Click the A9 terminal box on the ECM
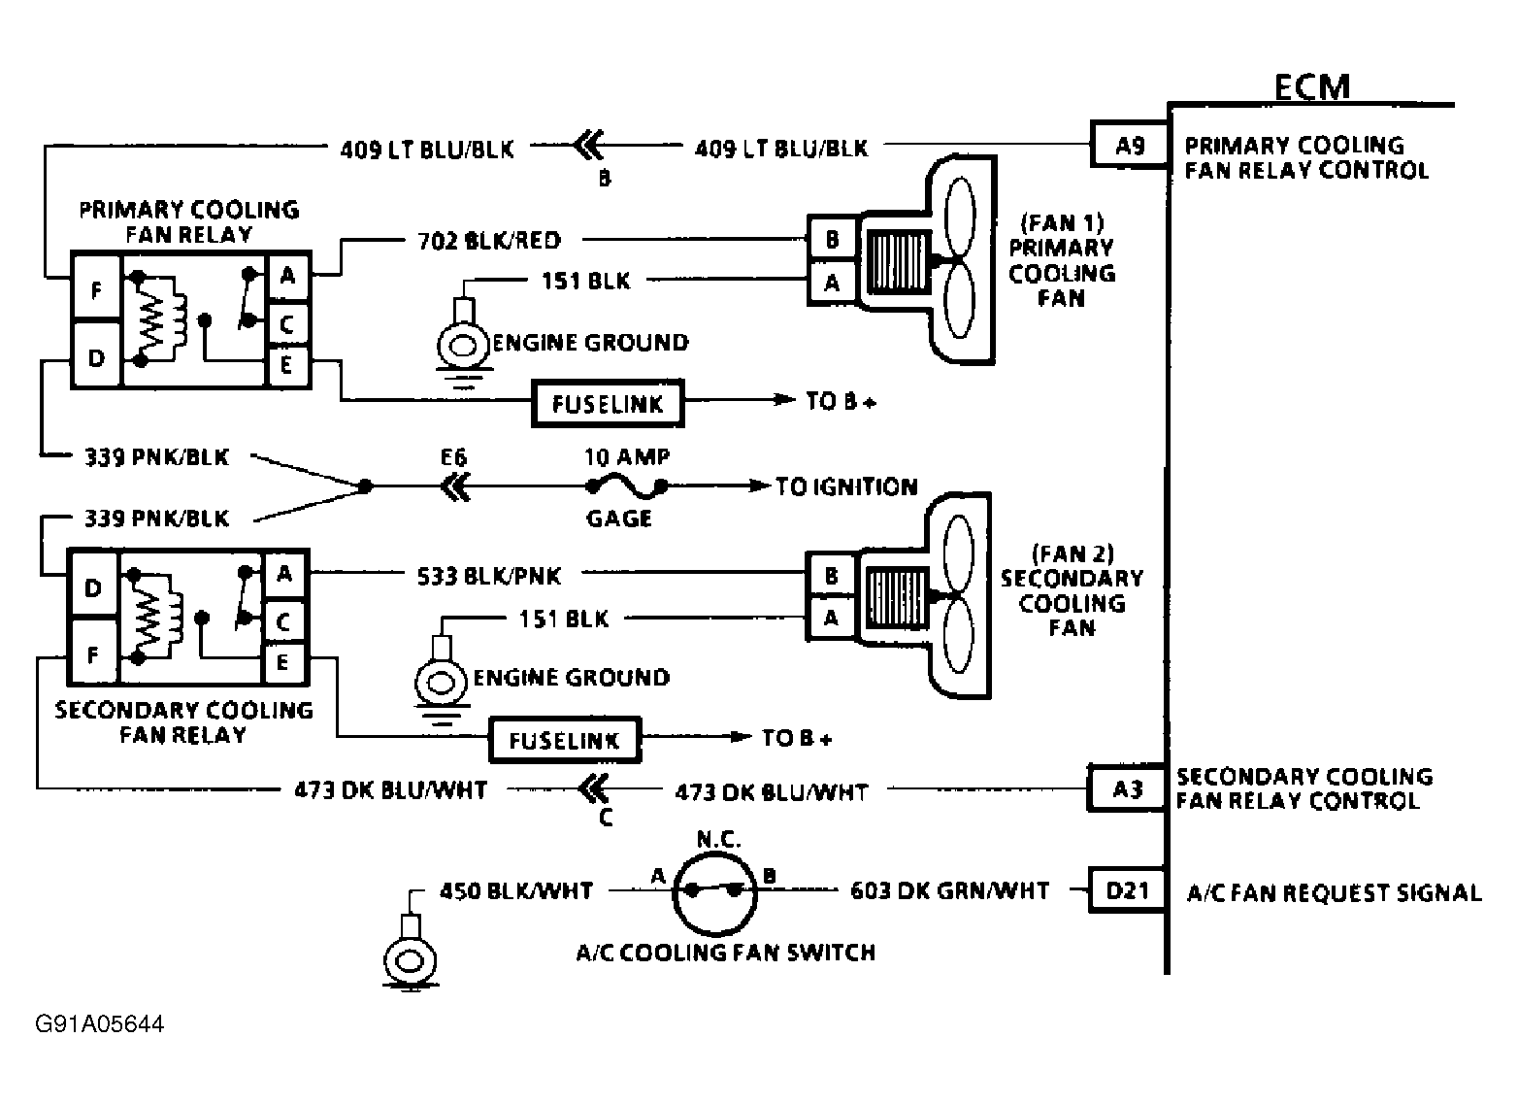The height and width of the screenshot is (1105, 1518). point(1130,144)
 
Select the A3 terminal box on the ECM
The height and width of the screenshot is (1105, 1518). point(1127,787)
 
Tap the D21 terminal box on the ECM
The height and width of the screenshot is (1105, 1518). point(1127,889)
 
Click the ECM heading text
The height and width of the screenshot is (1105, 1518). point(1312,86)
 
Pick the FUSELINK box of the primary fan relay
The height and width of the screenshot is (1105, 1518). point(608,403)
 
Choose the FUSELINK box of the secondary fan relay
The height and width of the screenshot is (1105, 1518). point(565,740)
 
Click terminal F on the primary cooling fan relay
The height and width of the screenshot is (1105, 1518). point(96,289)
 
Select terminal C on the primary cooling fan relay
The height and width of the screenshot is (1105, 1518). point(288,324)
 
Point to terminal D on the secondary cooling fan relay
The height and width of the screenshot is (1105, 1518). point(93,587)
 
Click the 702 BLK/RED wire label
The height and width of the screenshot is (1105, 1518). point(489,240)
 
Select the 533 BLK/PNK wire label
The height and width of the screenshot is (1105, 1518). point(488,576)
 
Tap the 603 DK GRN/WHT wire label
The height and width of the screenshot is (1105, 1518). point(949,890)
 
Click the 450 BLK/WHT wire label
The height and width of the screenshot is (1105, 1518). point(516,890)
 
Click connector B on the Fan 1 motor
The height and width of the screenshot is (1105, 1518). point(833,239)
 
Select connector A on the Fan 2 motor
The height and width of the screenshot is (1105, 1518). point(832,618)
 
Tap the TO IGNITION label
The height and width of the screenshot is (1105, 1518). point(846,486)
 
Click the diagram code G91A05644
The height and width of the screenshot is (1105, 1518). point(100,1023)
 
